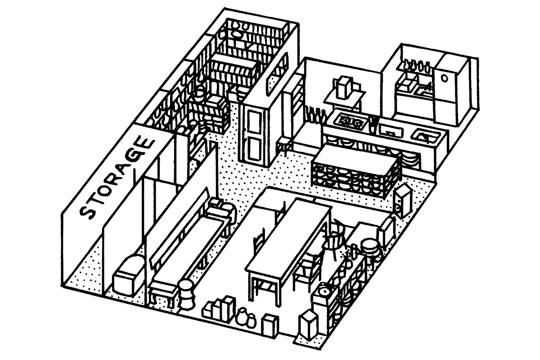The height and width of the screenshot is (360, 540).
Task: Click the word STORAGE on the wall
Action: point(117,178)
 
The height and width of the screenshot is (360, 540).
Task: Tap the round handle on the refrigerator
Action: point(445,77)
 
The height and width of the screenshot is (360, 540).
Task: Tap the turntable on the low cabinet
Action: point(324,292)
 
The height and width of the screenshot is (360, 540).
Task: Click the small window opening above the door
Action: point(272,83)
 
